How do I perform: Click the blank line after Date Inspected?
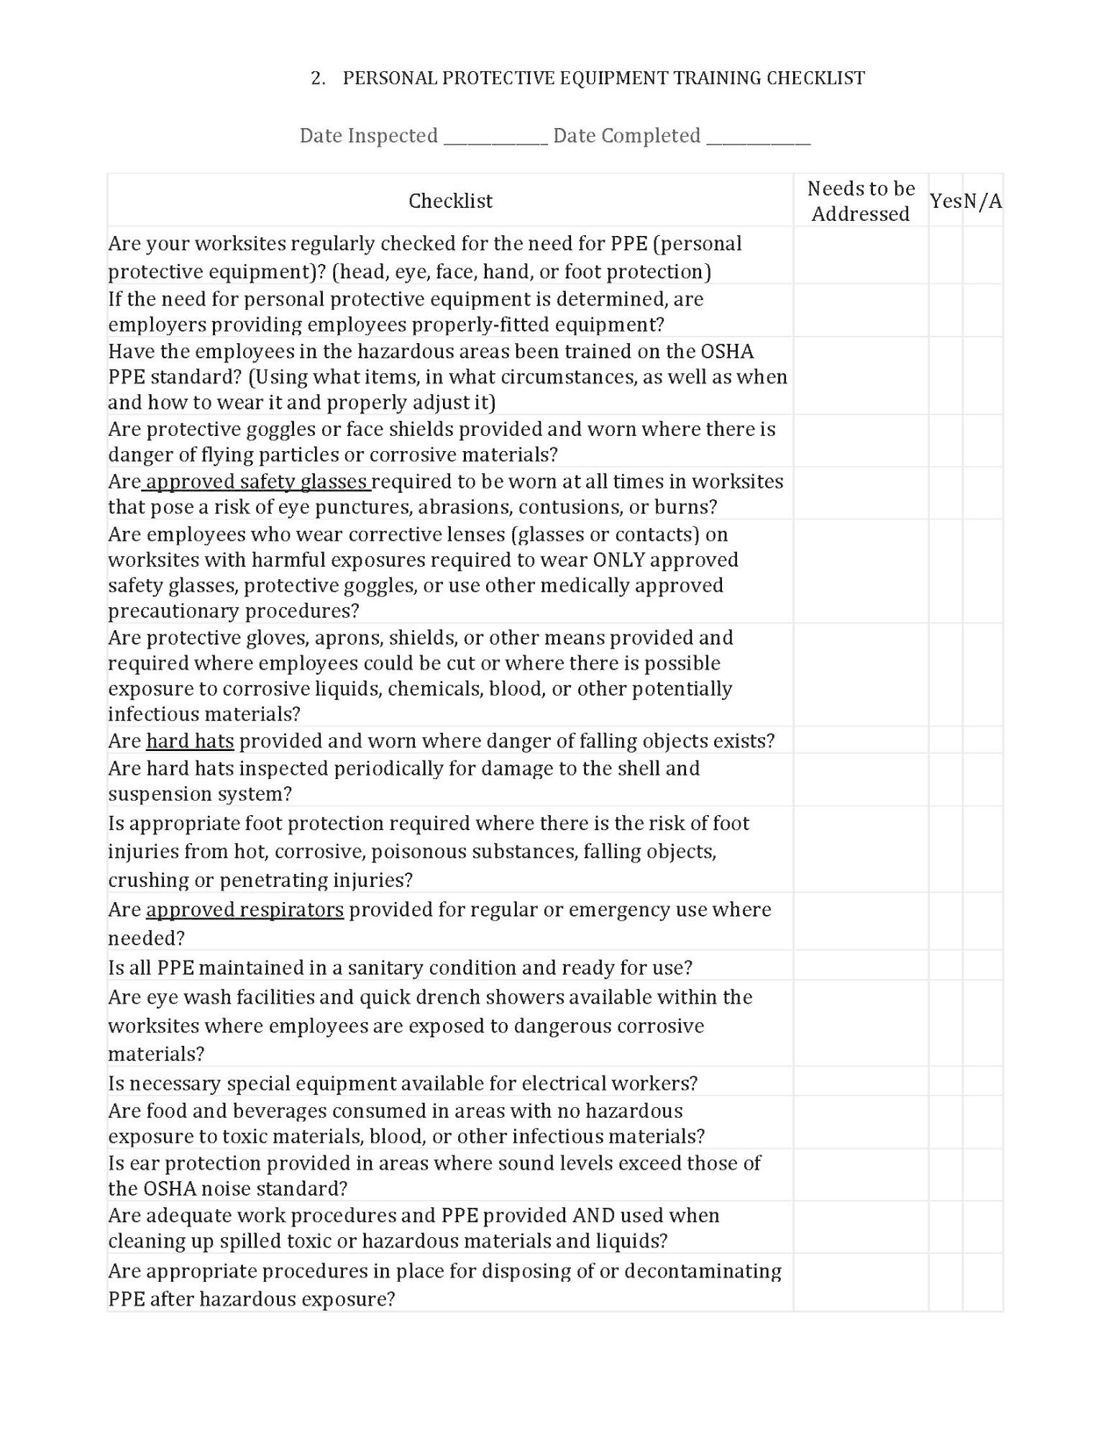495,137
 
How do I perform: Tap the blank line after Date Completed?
758,137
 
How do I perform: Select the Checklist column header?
450,201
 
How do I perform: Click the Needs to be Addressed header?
861,201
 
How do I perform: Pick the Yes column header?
946,201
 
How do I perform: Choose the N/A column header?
982,201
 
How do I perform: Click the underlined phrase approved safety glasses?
257,481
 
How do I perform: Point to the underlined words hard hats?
190,741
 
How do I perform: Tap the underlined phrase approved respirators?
244,910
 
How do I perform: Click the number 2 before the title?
316,78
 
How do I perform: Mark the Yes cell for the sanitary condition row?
946,967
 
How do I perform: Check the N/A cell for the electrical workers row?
982,1083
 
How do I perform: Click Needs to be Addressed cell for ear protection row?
861,1175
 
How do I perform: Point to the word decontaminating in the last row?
703,1271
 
